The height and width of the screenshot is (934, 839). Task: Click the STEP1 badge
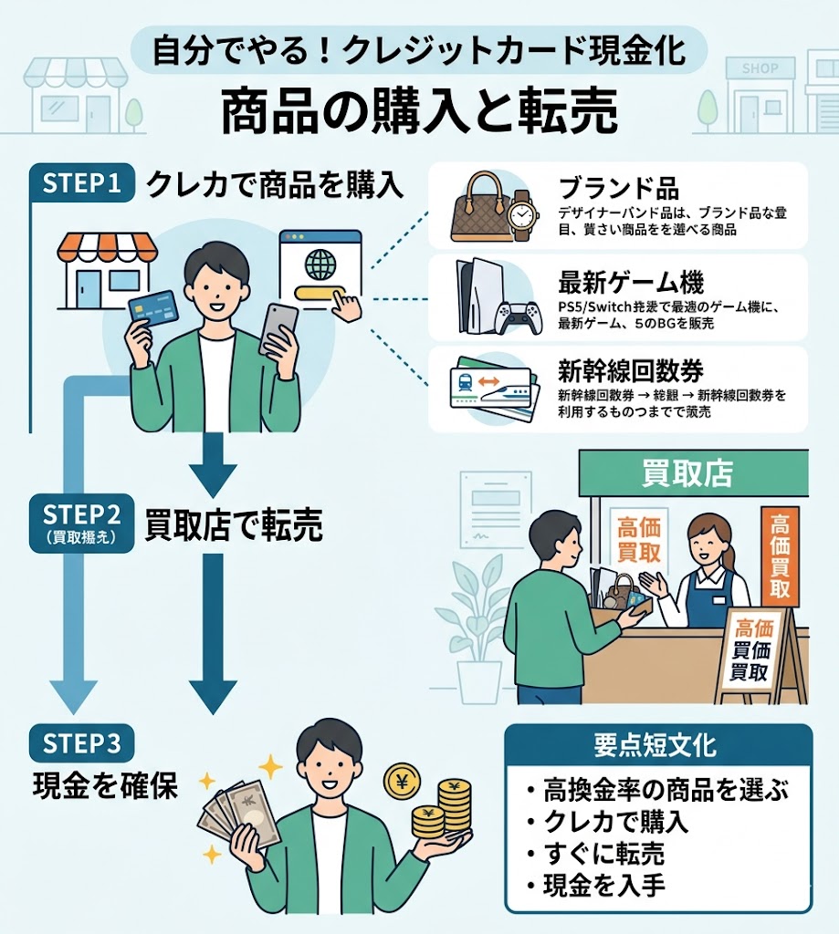[x=83, y=183]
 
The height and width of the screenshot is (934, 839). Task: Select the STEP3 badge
[x=83, y=743]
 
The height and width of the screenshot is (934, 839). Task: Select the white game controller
[x=518, y=315]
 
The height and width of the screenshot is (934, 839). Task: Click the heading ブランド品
[x=618, y=189]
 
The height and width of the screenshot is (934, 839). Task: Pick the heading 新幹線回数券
[x=631, y=371]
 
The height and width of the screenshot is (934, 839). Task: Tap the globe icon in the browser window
[x=320, y=265]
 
